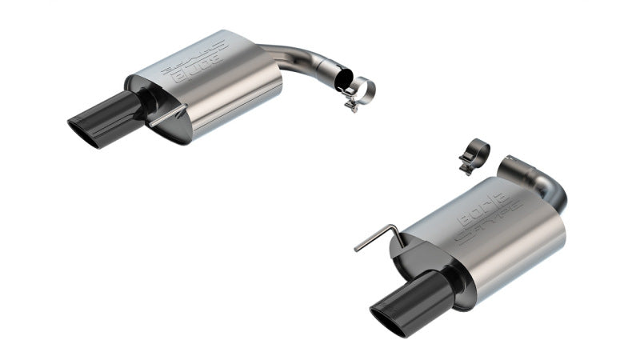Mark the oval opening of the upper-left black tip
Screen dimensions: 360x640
point(81,131)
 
